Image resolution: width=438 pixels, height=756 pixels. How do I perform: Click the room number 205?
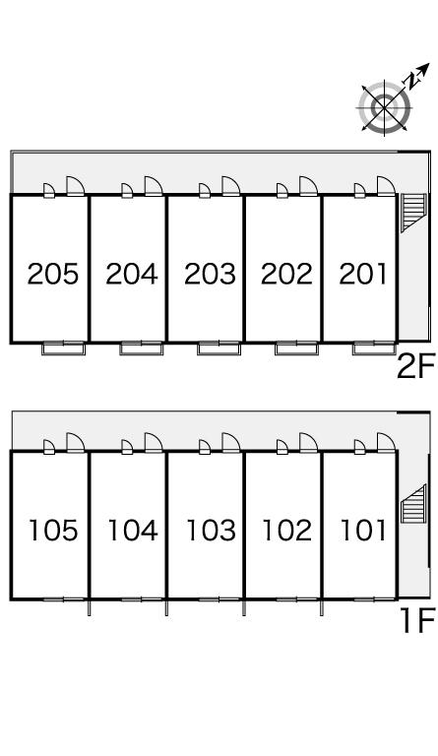[x=52, y=274]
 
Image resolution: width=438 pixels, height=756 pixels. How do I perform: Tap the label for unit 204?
[x=132, y=274]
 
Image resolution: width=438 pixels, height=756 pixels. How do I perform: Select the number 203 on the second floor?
[x=210, y=274]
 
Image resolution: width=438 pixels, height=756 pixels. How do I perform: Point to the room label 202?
[x=286, y=274]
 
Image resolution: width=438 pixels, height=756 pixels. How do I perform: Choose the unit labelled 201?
[x=363, y=274]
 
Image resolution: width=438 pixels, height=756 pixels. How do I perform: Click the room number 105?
[x=53, y=530]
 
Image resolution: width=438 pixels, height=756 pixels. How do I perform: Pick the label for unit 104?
[x=133, y=530]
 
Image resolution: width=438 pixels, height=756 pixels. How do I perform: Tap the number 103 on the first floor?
[x=211, y=530]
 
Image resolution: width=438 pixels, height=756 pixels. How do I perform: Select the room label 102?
[x=287, y=530]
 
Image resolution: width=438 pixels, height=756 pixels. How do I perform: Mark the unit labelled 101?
[x=363, y=530]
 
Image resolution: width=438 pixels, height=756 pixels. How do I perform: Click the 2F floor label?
[x=415, y=366]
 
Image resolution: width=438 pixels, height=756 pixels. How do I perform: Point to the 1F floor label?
[x=417, y=620]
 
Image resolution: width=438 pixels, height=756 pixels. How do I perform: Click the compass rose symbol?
[x=385, y=107]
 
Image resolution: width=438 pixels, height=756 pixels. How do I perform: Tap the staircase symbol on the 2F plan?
[x=413, y=213]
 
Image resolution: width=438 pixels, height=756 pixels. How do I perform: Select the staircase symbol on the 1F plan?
[x=413, y=504]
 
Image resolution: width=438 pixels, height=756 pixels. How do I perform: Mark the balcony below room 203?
[x=219, y=348]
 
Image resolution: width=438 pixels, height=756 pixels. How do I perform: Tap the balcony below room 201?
[x=374, y=348]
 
